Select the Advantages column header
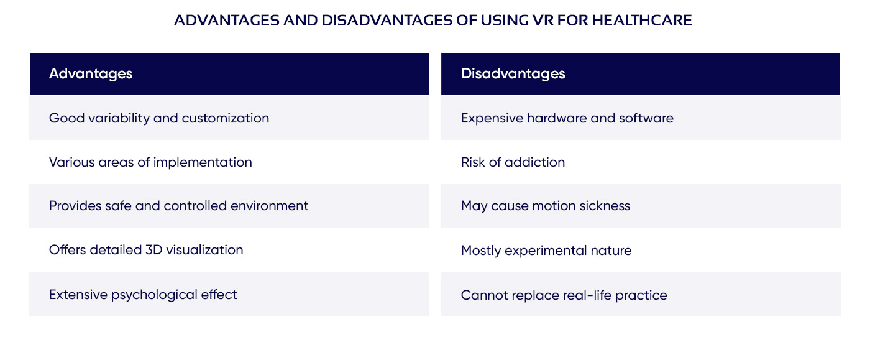pyautogui.click(x=91, y=73)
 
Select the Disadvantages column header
pyautogui.click(x=513, y=73)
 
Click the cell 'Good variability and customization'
pyautogui.click(x=159, y=118)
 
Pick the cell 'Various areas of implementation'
pyautogui.click(x=150, y=162)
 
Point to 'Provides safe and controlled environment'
pyautogui.click(x=178, y=206)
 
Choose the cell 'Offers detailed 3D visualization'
pyautogui.click(x=146, y=250)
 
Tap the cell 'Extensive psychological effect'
pyautogui.click(x=143, y=294)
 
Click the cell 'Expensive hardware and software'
pyautogui.click(x=567, y=118)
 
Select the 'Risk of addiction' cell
pyautogui.click(x=513, y=162)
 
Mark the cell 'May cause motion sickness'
pyautogui.click(x=545, y=206)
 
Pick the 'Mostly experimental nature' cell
pyautogui.click(x=546, y=251)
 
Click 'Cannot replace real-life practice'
pyautogui.click(x=564, y=295)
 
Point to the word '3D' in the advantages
pyautogui.click(x=153, y=250)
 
